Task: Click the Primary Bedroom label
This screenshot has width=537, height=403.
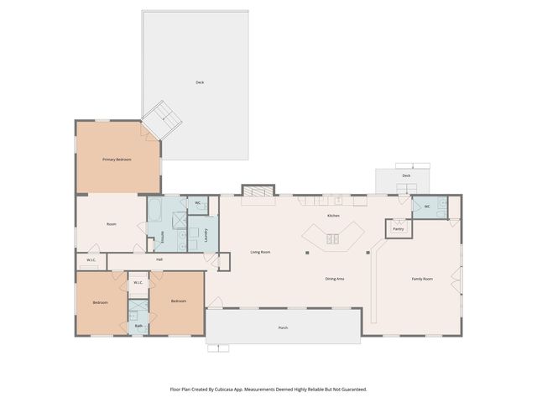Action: (117, 160)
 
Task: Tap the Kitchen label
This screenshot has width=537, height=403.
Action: (333, 217)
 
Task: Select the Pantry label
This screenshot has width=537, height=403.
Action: (398, 228)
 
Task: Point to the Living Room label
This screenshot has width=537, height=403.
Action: (260, 252)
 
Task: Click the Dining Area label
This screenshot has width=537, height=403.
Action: (336, 278)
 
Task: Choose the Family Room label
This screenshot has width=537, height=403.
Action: (421, 278)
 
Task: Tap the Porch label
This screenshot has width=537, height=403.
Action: (284, 327)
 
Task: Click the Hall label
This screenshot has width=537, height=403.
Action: (158, 260)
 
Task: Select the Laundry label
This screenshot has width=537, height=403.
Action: (206, 235)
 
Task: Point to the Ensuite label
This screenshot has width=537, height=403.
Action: (162, 238)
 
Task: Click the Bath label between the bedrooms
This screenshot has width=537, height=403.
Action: (138, 326)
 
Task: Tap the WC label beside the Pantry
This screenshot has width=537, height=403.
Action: (427, 207)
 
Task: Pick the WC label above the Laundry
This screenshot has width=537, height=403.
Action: (198, 203)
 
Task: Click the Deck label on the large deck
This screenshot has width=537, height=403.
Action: (200, 82)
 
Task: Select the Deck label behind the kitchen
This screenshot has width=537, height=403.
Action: (406, 175)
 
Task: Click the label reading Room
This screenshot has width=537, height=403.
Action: (111, 224)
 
